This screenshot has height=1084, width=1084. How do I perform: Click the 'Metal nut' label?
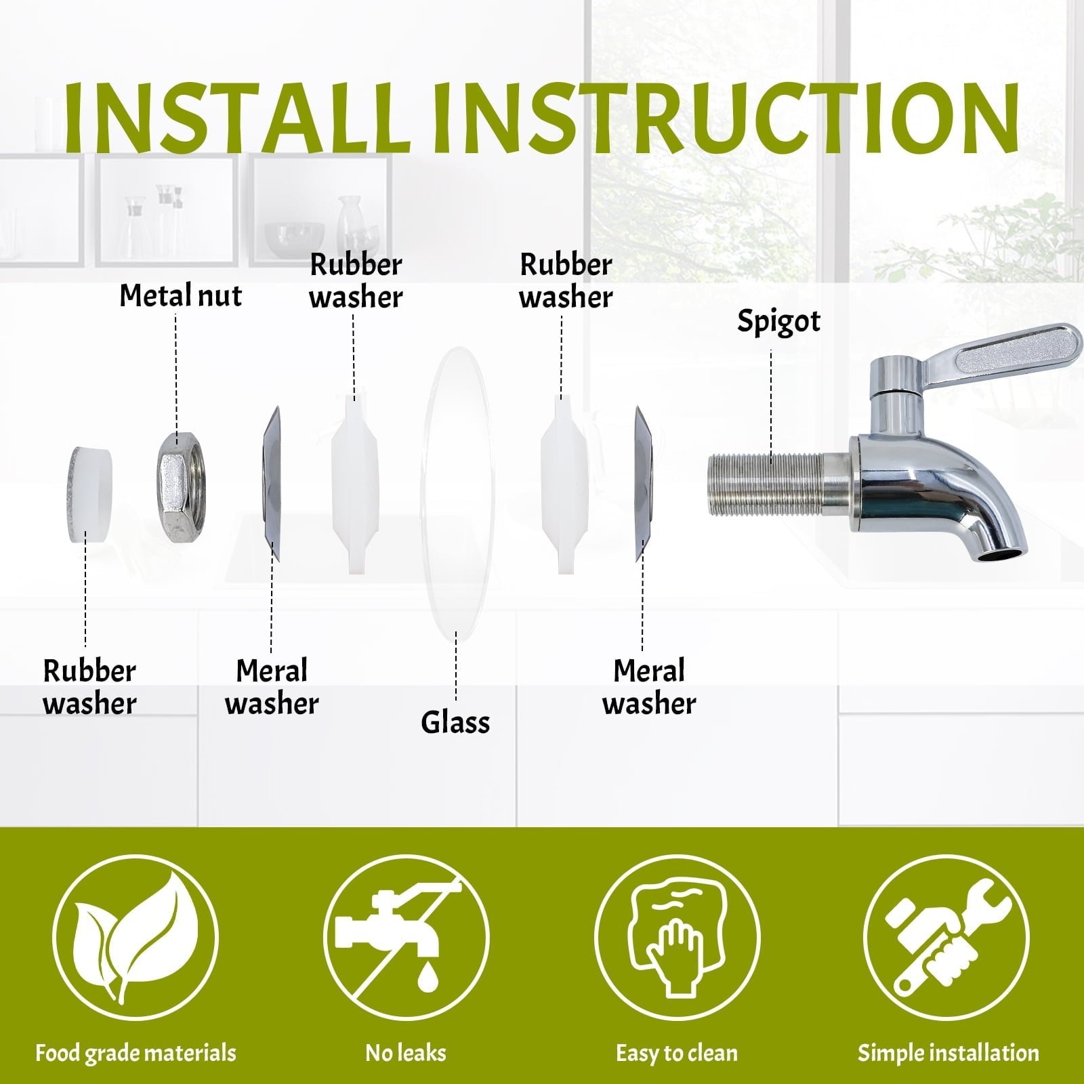(180, 295)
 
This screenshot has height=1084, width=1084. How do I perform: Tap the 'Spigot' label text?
(778, 321)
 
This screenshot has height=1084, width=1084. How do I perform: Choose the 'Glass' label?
(455, 722)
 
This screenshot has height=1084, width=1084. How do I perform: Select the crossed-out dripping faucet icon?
(406, 938)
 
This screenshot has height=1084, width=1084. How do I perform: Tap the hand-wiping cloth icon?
(677, 938)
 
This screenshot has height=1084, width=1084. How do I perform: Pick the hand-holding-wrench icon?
(947, 938)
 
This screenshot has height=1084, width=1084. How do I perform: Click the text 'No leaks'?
(406, 1052)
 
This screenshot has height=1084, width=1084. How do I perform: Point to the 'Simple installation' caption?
(948, 1053)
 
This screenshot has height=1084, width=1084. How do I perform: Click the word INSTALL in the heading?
(238, 118)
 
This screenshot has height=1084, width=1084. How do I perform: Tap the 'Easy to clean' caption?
(677, 1053)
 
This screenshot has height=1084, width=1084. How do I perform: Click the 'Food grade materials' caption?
(135, 1053)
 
